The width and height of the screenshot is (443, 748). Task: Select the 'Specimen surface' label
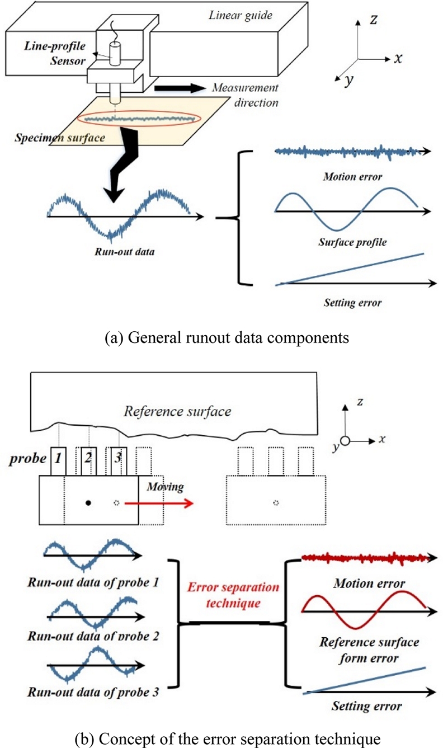pyautogui.click(x=60, y=136)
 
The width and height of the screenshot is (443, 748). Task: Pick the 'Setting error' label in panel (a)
pyautogui.click(x=352, y=303)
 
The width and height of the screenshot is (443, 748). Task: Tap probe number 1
pyautogui.click(x=58, y=461)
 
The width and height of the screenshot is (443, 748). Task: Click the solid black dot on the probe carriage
pyautogui.click(x=88, y=503)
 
